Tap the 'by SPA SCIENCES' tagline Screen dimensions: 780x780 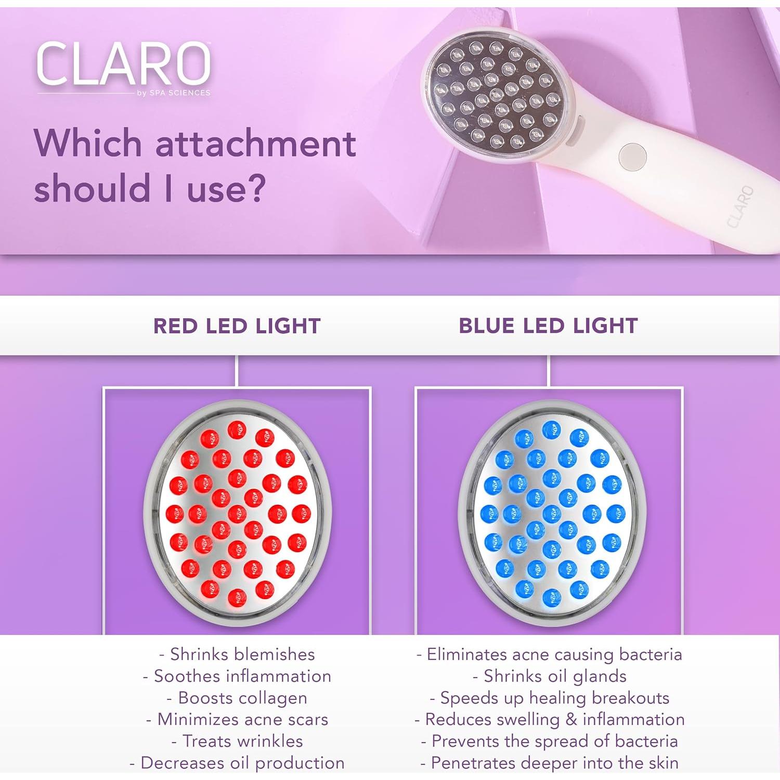pos(174,93)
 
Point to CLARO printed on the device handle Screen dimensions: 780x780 pos(739,207)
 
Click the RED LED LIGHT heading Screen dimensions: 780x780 pos(237,326)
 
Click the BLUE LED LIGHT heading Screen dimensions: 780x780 pos(548,326)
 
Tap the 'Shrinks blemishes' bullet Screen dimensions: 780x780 pos(237,654)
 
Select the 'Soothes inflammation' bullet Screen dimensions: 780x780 pos(237,676)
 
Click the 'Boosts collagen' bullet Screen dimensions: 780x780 pos(237,698)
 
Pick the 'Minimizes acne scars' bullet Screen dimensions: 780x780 pos(237,719)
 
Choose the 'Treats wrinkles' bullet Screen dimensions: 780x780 pos(237,741)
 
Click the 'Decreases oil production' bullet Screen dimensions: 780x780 pos(237,763)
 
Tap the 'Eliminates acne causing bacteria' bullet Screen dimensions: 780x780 pos(549,654)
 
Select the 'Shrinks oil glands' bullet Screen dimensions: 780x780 pos(549,676)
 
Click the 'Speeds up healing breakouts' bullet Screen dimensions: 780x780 pos(549,698)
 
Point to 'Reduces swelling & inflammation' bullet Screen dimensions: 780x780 pos(549,719)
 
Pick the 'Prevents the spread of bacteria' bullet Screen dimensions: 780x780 pos(549,741)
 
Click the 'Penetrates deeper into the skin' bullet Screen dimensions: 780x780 pos(549,763)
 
